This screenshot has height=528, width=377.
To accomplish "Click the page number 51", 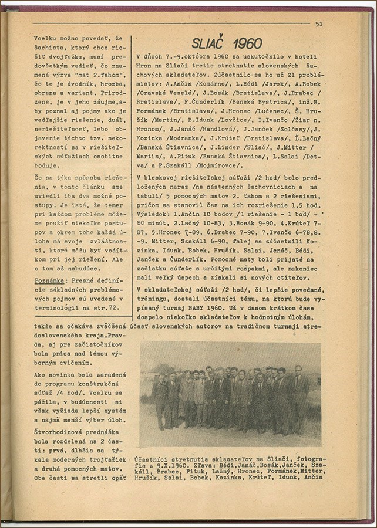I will [319, 24].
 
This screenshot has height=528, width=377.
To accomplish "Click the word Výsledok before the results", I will [154, 216].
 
